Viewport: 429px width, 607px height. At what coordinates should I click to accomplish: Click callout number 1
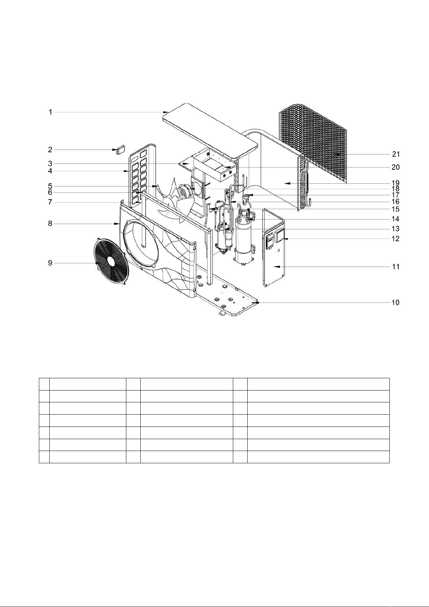51,112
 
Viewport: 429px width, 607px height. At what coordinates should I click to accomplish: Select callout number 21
396,154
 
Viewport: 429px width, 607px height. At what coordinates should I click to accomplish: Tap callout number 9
50,263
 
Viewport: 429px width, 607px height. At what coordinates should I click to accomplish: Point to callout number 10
395,303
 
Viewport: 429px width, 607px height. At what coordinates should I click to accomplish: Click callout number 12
396,239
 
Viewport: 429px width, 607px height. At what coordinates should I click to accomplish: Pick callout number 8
50,224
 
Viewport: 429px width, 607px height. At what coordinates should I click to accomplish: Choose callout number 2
50,149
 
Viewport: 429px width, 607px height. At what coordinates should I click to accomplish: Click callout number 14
396,219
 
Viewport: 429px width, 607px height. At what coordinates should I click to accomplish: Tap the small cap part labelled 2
120,150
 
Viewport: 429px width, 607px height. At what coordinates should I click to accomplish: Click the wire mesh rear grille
313,140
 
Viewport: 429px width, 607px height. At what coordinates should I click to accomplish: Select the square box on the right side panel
280,236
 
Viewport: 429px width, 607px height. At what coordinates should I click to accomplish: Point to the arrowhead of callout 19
284,183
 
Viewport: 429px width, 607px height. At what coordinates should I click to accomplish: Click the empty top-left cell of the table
44,384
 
